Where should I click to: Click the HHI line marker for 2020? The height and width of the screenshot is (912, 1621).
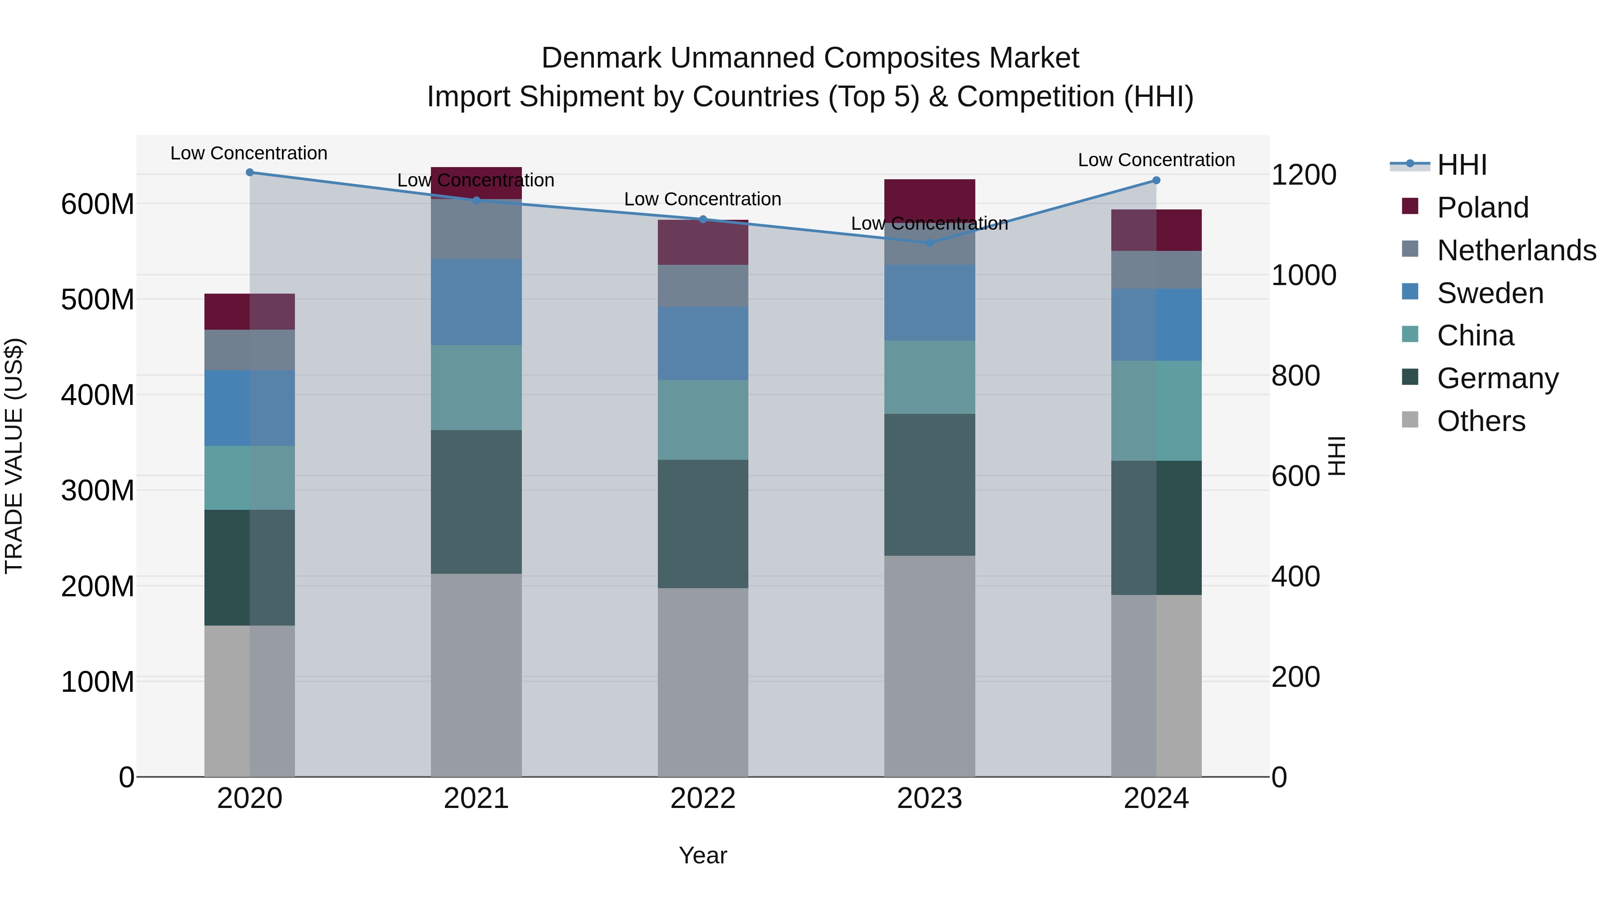(250, 172)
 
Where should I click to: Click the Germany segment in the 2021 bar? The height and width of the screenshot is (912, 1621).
(476, 502)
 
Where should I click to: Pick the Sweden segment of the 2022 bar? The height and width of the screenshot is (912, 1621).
(703, 344)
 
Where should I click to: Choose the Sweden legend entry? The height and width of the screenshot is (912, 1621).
(1490, 293)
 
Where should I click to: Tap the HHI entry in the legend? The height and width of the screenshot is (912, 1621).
(1462, 165)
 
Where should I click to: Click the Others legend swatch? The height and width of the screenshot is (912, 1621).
(1410, 420)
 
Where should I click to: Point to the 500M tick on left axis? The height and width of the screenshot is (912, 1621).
(98, 299)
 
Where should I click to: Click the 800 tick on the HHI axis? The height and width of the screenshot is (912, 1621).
(1295, 376)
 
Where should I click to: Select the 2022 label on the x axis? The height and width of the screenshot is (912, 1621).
(703, 799)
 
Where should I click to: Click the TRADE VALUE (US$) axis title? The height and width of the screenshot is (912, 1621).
(14, 456)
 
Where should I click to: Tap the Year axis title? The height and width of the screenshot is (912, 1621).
(703, 855)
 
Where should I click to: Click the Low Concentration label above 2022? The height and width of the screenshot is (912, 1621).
(703, 199)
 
